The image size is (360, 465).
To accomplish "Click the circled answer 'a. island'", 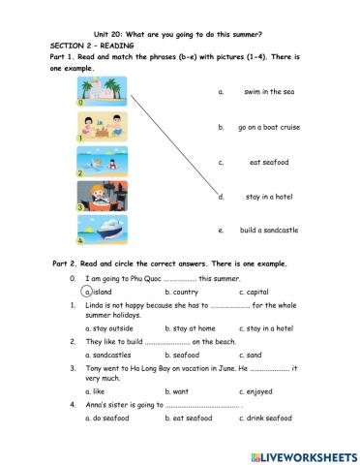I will (x=98, y=291).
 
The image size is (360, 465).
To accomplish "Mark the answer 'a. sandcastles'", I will (x=106, y=355).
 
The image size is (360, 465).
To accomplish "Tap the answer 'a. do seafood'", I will (x=105, y=418).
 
